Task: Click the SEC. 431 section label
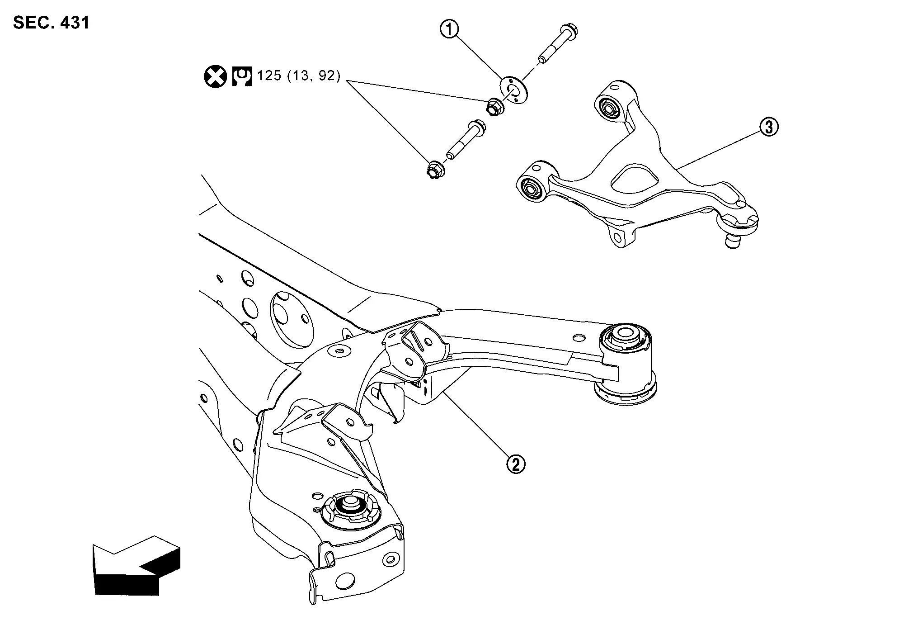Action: [52, 23]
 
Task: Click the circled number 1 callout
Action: [449, 30]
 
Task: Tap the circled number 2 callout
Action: [516, 464]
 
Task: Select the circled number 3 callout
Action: [769, 127]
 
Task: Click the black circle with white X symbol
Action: [215, 76]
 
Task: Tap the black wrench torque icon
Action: [242, 76]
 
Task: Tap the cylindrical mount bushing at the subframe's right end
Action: [627, 362]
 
